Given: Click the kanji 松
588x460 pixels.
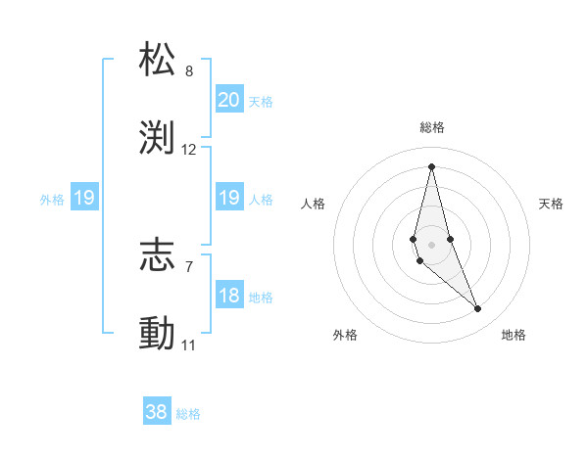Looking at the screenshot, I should [158, 60].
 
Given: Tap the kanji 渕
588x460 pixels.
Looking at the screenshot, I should [158, 138].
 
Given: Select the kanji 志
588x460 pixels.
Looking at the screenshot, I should [158, 255].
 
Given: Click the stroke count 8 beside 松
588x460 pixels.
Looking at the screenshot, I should [189, 71].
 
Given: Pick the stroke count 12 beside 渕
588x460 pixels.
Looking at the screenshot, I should [189, 150].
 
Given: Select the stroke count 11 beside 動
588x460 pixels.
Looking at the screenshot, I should [188, 345].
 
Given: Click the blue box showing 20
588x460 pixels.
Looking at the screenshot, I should [228, 99].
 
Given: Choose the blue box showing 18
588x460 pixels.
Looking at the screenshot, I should [228, 296].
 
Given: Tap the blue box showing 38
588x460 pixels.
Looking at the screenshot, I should [157, 412].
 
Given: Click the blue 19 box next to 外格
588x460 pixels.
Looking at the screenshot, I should [83, 199].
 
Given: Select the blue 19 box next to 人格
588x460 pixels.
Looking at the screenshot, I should [228, 198].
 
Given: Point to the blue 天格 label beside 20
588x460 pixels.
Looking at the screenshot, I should [261, 101].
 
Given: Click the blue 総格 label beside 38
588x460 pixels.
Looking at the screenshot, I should [188, 414].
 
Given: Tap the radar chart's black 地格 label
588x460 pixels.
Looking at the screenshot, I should [514, 335].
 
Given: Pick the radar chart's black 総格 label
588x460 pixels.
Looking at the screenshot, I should [432, 127].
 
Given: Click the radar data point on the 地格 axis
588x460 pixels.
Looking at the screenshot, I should [478, 309].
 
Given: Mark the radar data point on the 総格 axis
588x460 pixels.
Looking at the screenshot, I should [431, 165].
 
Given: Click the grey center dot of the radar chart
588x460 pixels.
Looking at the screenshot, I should [431, 244].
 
